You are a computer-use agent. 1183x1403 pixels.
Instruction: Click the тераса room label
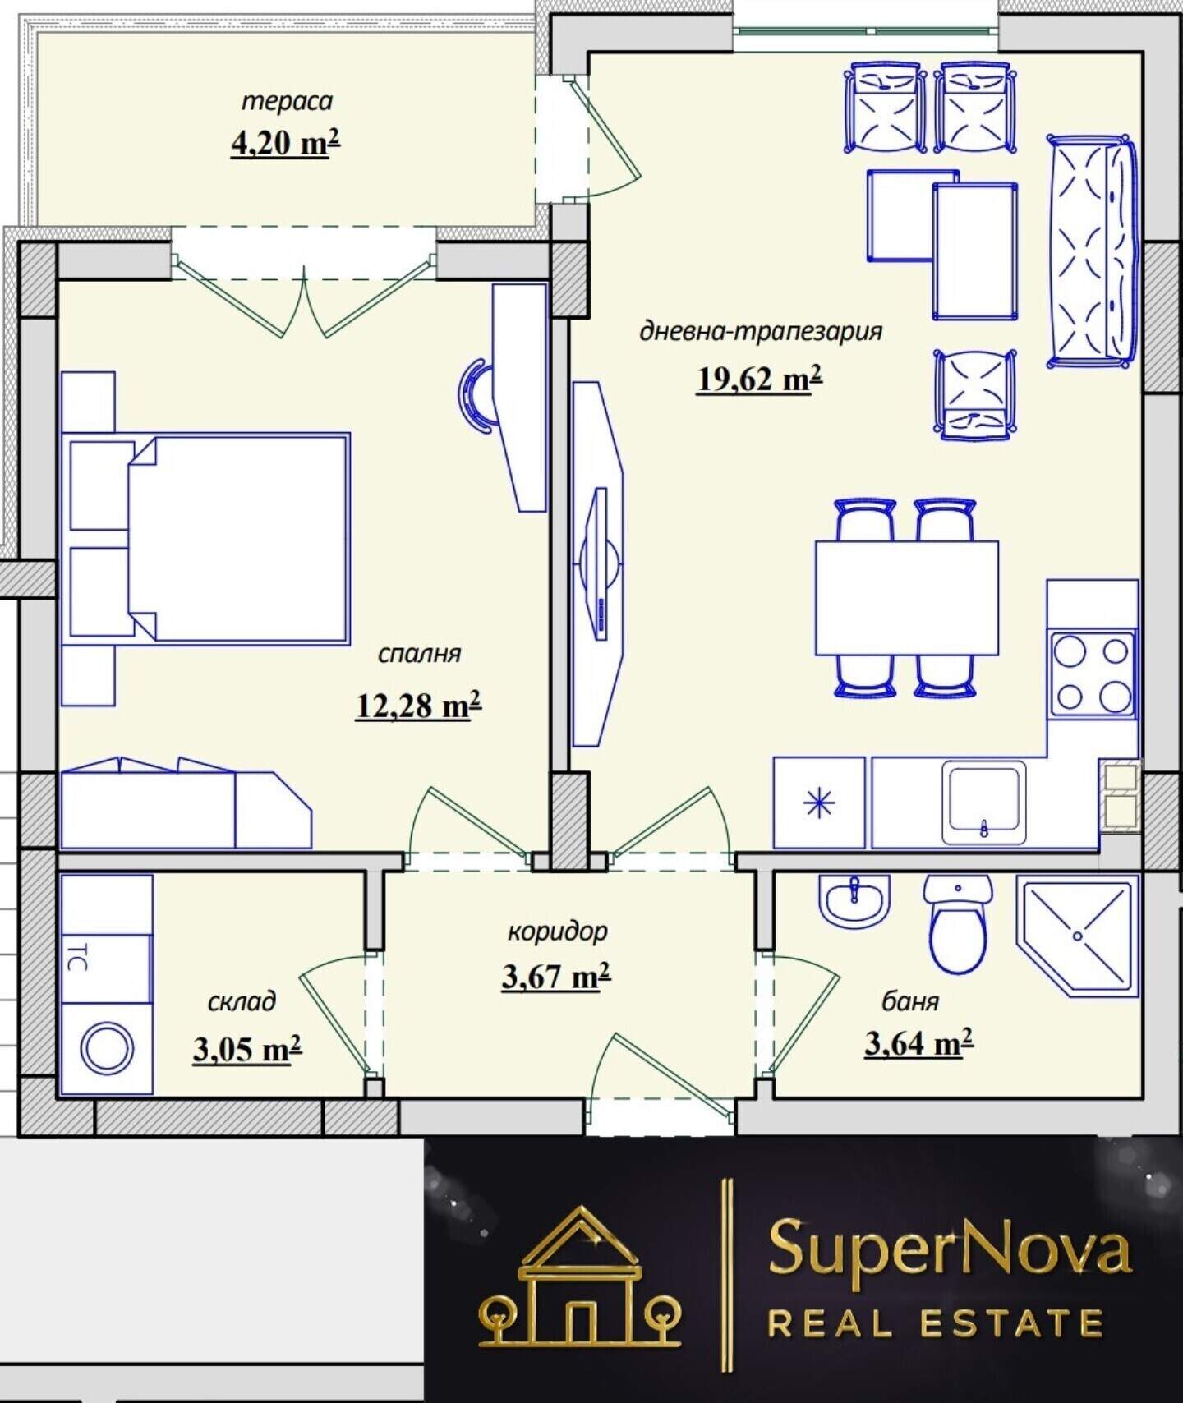pos(287,102)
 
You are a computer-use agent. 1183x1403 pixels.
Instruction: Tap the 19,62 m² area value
pos(759,379)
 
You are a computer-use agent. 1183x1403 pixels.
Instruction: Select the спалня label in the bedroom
pos(419,654)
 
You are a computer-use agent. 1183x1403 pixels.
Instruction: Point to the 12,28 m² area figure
pos(418,705)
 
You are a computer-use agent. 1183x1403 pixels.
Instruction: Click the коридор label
pos(557,931)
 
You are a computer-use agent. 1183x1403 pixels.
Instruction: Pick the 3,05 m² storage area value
pos(247,1049)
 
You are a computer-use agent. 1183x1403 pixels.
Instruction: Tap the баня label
pos(910,1001)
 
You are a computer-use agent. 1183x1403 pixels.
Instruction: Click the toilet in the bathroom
pos(957,924)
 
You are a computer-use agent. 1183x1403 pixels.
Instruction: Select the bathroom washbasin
pos(854,899)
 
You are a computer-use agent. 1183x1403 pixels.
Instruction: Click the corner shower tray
pos(1077,936)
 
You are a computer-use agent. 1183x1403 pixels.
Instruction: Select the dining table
pos(906,598)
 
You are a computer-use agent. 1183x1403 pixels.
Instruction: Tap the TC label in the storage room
pos(77,958)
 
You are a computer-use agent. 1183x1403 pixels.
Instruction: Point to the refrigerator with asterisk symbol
pos(819,803)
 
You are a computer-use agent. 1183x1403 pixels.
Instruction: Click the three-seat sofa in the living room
pos(1092,251)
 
